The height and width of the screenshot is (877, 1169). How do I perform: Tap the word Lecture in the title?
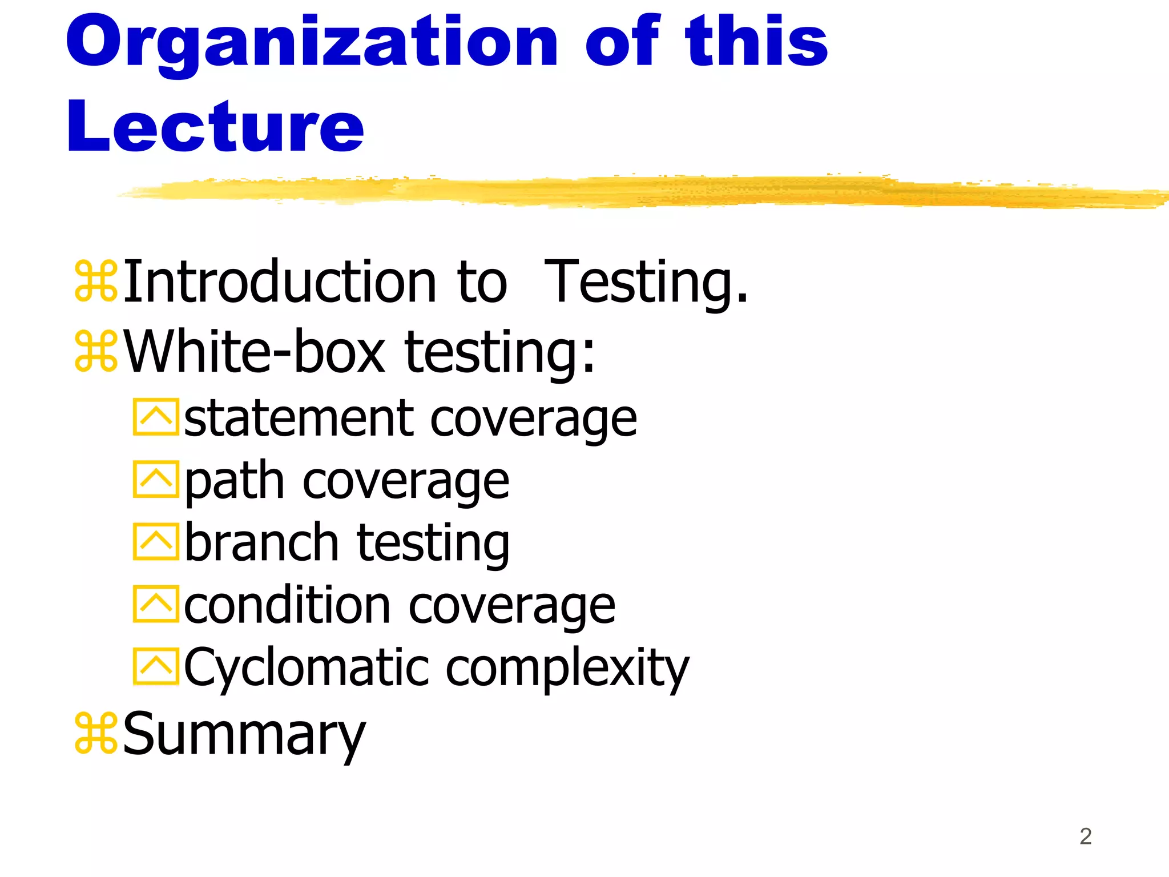click(215, 127)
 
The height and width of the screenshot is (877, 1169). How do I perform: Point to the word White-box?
click(255, 352)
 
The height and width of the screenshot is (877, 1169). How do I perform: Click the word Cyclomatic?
click(307, 667)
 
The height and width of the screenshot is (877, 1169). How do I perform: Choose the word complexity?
click(567, 667)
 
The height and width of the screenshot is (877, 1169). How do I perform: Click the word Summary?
click(244, 735)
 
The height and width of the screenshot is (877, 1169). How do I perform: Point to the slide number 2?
click(1085, 836)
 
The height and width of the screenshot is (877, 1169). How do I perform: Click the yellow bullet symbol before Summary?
click(96, 733)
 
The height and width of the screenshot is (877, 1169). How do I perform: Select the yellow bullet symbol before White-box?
click(96, 351)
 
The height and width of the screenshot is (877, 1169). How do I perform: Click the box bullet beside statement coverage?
click(155, 417)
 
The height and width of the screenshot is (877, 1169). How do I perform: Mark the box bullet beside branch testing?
click(155, 541)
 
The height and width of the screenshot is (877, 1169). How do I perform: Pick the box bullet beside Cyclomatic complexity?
click(155, 666)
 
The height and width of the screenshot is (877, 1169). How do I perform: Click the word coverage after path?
click(405, 481)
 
